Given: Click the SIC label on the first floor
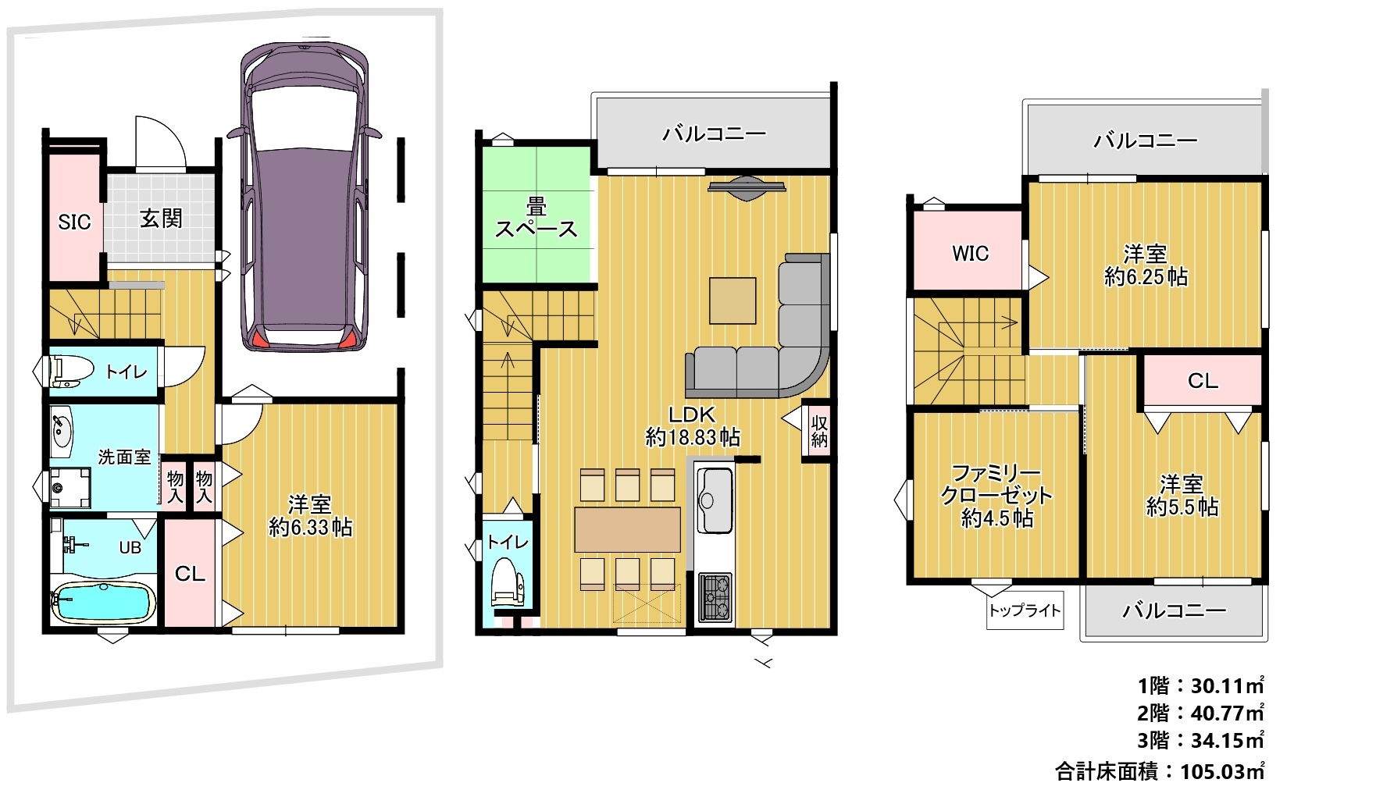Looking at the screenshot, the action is click(x=75, y=222).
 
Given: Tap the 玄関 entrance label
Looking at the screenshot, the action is click(x=161, y=219).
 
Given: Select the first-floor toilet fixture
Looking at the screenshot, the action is click(x=67, y=371).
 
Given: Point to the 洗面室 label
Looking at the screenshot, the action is click(x=124, y=457).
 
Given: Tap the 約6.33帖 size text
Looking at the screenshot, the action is click(x=311, y=528).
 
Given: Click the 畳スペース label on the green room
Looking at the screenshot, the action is click(x=536, y=219).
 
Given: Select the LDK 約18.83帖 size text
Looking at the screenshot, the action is click(x=693, y=426).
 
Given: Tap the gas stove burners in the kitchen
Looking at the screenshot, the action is click(x=716, y=598).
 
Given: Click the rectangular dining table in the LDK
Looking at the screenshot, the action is click(x=628, y=529).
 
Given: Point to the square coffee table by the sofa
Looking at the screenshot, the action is click(x=733, y=301).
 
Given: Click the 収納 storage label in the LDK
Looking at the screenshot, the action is click(x=818, y=432).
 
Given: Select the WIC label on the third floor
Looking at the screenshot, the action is click(x=970, y=254).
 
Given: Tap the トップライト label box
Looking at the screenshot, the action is click(x=1025, y=610).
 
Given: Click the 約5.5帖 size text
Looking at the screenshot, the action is click(x=1182, y=507).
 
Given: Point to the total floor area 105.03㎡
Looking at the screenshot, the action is click(x=1222, y=772).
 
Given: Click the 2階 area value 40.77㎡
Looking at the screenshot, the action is click(x=1227, y=713).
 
